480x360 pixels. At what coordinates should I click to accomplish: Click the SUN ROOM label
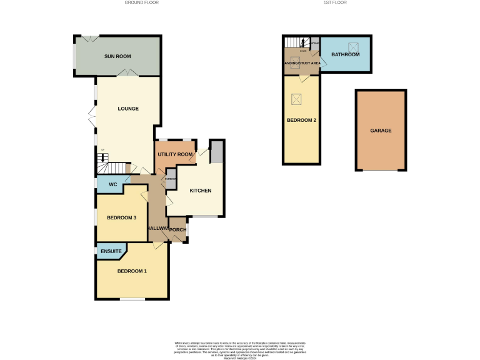pyautogui.click(x=117, y=57)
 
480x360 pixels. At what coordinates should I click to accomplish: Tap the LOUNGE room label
pyautogui.click(x=128, y=109)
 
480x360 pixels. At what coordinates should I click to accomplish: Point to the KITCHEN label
pyautogui.click(x=201, y=191)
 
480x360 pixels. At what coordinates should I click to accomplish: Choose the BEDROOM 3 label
pyautogui.click(x=122, y=217)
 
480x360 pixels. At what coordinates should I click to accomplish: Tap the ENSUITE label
pyautogui.click(x=112, y=251)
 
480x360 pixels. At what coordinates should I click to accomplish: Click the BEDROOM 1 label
pyautogui.click(x=132, y=271)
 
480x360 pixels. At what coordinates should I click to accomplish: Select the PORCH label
pyautogui.click(x=178, y=229)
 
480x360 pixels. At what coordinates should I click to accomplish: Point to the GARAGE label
pyautogui.click(x=381, y=131)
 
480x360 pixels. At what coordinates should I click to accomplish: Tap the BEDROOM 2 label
pyautogui.click(x=301, y=120)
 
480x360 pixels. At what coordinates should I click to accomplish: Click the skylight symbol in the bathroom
pyautogui.click(x=353, y=46)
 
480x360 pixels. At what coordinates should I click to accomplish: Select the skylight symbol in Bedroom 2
pyautogui.click(x=297, y=98)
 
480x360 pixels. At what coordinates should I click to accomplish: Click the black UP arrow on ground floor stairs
pyautogui.click(x=102, y=157)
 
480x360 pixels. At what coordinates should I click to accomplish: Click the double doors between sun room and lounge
pyautogui.click(x=129, y=74)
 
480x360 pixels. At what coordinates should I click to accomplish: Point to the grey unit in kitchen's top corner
pyautogui.click(x=217, y=151)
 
